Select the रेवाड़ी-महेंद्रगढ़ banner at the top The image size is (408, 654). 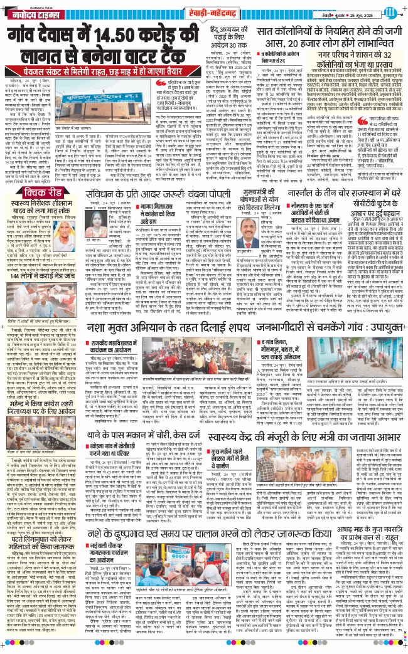point(203,11)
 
